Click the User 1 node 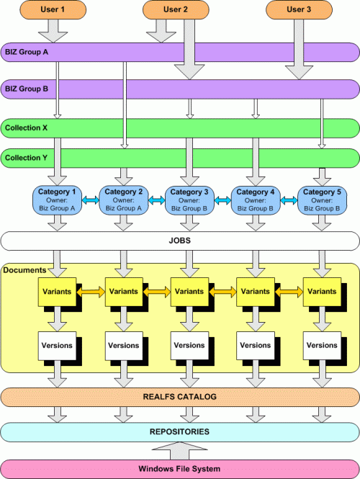(x=53, y=9)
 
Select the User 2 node (x=176, y=9)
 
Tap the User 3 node (x=299, y=9)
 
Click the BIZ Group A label (x=27, y=52)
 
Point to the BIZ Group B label (x=27, y=89)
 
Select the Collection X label (x=26, y=127)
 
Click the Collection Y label (x=26, y=158)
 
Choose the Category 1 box (x=57, y=200)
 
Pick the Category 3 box (x=189, y=200)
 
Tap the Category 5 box (x=322, y=200)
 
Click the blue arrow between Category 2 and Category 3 (x=157, y=200)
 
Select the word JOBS (x=180, y=241)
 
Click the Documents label (x=24, y=270)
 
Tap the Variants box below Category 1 (x=57, y=292)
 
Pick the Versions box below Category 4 (x=256, y=346)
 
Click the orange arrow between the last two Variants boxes (x=289, y=292)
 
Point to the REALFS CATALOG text (x=180, y=397)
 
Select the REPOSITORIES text (x=179, y=431)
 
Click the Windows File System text (x=179, y=469)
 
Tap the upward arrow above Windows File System (x=179, y=451)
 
